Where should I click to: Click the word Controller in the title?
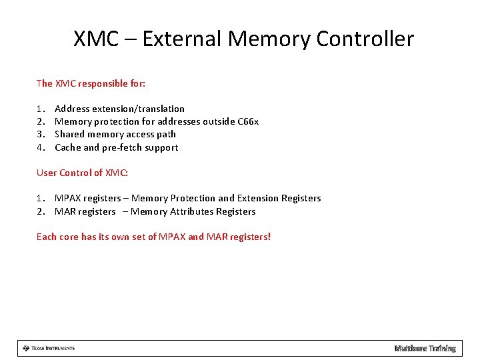365,39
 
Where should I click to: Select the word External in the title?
182,39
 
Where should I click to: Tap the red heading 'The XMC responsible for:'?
91,83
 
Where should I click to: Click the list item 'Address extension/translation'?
119,109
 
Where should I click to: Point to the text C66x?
248,121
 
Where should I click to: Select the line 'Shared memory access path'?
115,134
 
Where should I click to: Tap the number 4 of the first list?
39,147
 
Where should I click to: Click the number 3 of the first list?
39,134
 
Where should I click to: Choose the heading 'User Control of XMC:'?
82,173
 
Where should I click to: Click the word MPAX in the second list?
67,198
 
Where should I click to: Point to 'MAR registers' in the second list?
85,211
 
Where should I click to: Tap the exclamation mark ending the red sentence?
269,237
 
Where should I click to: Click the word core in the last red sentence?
68,237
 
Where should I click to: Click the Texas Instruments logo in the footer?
48,348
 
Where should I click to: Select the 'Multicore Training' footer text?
425,348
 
